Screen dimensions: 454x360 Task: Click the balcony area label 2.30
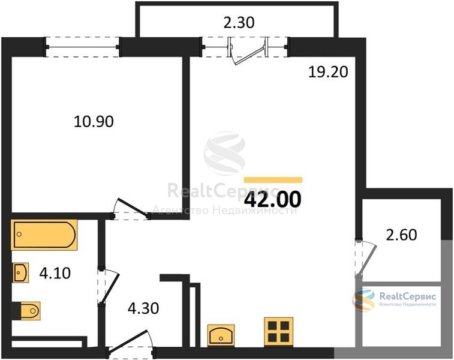coord(239,23)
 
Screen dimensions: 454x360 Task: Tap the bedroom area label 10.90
coord(94,121)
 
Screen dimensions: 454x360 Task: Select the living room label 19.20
coord(328,72)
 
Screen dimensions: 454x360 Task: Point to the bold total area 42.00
coord(273,200)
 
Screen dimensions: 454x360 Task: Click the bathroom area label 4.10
coord(55,273)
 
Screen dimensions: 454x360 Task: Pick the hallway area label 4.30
coord(143,308)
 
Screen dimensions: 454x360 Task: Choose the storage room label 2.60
coord(402,235)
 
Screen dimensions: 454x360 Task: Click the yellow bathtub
coord(44,235)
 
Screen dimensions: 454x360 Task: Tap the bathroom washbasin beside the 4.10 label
coord(21,272)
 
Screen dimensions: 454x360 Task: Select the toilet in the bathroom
coord(26,311)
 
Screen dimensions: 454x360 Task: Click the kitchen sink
coord(221,335)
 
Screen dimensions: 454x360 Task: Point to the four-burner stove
coord(278,332)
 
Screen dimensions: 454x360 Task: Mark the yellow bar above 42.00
coord(273,180)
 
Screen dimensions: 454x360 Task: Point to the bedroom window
coord(82,47)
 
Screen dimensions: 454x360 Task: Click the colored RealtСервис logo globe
coord(363,299)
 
